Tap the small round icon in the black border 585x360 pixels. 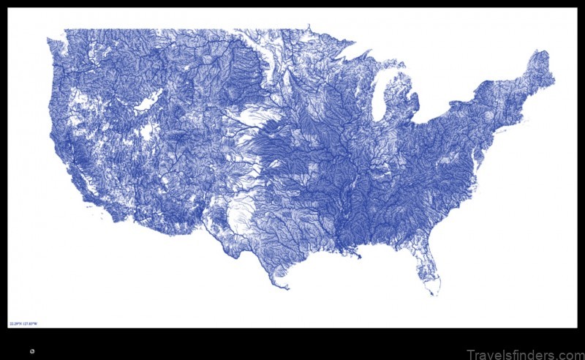(x=32, y=351)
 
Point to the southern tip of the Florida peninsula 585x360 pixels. (x=435, y=293)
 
